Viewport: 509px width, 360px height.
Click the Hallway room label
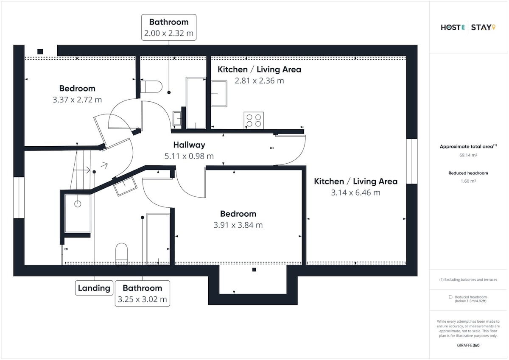pyautogui.click(x=189, y=145)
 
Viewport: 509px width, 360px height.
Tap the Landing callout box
pyautogui.click(x=94, y=288)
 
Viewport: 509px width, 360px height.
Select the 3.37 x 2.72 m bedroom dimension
pyautogui.click(x=77, y=100)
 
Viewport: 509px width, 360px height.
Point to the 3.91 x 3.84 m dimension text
pyautogui.click(x=238, y=225)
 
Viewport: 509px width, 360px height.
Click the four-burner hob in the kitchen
pyautogui.click(x=254, y=120)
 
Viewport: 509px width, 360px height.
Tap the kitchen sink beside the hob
pyautogui.click(x=219, y=94)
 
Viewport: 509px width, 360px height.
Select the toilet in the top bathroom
pyautogui.click(x=151, y=87)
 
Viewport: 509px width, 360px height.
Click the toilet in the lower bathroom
pyautogui.click(x=122, y=254)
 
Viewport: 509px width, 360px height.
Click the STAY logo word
pyautogui.click(x=483, y=28)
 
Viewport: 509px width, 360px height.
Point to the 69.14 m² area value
pyautogui.click(x=468, y=155)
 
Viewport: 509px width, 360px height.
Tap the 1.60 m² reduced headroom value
pyautogui.click(x=468, y=181)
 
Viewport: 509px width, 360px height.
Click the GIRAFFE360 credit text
pyautogui.click(x=468, y=345)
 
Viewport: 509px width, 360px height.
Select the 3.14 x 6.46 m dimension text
pyautogui.click(x=355, y=193)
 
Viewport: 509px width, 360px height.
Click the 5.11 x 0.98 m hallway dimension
pyautogui.click(x=189, y=156)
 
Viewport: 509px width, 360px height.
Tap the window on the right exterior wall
pyautogui.click(x=412, y=161)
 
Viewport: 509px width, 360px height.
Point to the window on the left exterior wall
pyautogui.click(x=19, y=198)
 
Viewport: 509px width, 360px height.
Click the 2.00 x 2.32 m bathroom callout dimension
pyautogui.click(x=169, y=33)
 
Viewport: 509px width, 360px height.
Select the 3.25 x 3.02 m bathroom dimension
pyautogui.click(x=142, y=299)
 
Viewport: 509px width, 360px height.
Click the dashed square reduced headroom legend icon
pyautogui.click(x=450, y=297)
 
